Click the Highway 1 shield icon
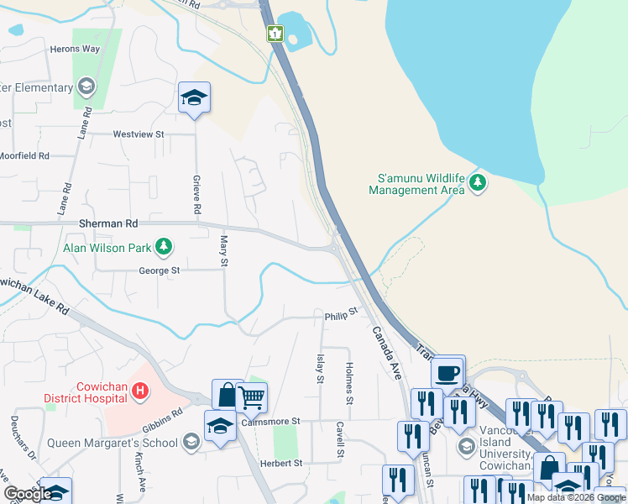tap(275, 34)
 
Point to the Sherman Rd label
tap(107, 224)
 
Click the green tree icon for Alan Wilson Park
tap(166, 247)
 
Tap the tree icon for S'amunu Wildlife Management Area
tap(478, 182)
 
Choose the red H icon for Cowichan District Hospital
tap(140, 391)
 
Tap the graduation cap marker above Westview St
tap(194, 99)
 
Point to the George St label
tap(160, 270)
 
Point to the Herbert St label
tap(281, 463)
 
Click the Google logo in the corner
tap(29, 494)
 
